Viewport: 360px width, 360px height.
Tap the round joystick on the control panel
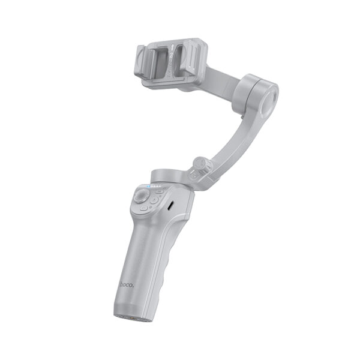click(x=142, y=196)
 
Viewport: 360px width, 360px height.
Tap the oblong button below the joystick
click(x=145, y=211)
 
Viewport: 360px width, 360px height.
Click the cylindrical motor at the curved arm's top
click(x=257, y=94)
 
